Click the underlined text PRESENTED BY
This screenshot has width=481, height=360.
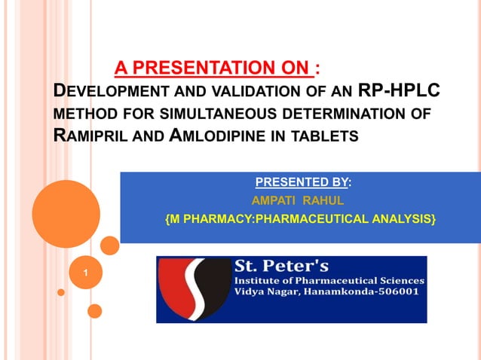[302, 182]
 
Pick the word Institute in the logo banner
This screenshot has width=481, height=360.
[261, 280]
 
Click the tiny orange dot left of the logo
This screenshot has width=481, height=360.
[61, 292]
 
